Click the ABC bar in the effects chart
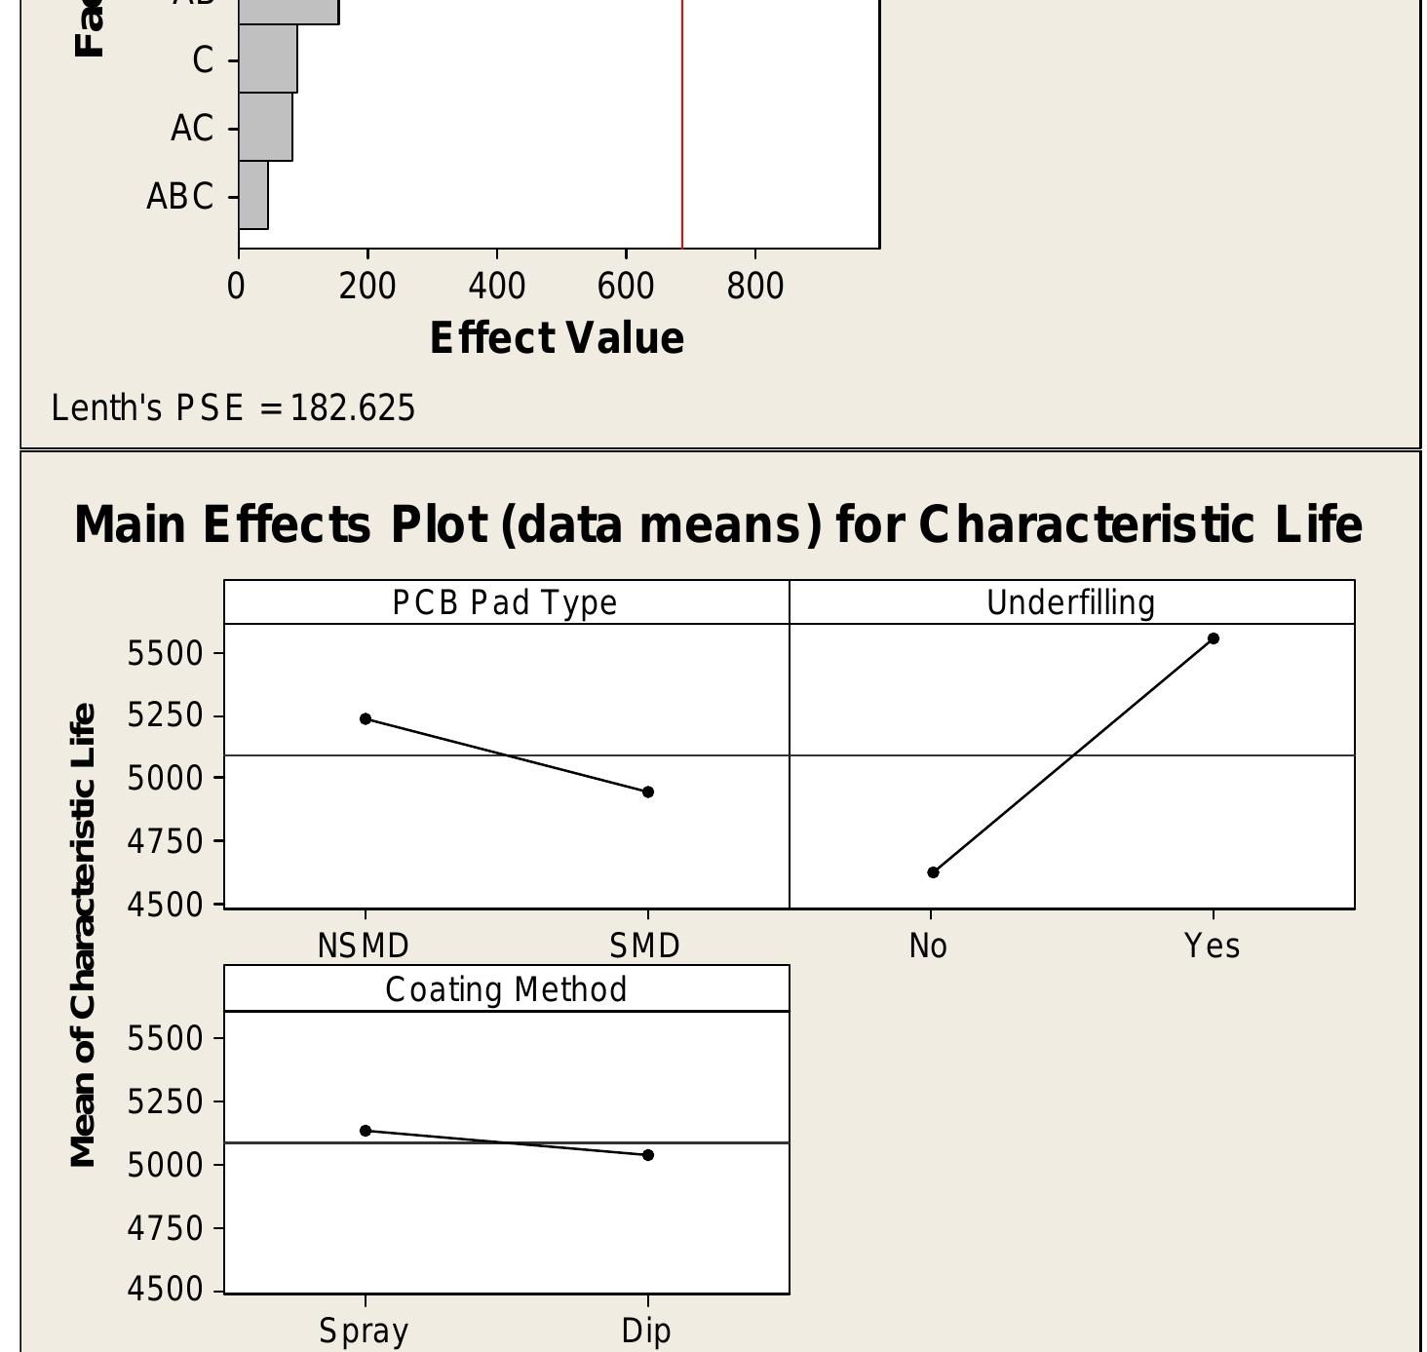pos(253,195)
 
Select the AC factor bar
pos(265,127)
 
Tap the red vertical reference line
pos(682,127)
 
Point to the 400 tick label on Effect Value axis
pos(496,287)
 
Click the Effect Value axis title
pos(557,338)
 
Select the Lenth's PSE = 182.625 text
pos(233,408)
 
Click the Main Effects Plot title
pos(717,524)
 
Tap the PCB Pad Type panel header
pos(505,602)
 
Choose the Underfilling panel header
pos(1071,602)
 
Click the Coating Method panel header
pos(506,989)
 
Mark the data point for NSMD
pos(366,719)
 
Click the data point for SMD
pos(648,792)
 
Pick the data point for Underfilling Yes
pos(1214,638)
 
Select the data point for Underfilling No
pos(933,872)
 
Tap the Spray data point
pos(366,1131)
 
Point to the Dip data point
pos(648,1155)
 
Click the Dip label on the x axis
pos(646,1331)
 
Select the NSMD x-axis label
pos(364,946)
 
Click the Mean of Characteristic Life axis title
pos(84,935)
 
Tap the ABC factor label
pos(180,197)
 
